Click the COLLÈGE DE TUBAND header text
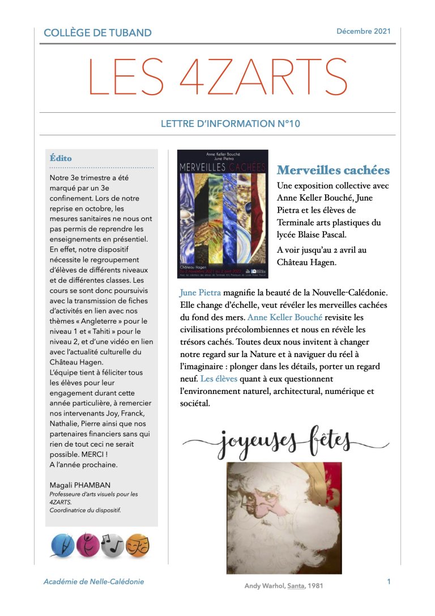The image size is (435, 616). click(97, 33)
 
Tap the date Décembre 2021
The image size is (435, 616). click(363, 31)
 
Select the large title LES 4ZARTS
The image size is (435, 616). click(217, 78)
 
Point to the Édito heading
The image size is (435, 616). click(61, 158)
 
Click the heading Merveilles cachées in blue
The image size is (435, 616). click(333, 170)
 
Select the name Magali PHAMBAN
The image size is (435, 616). click(80, 485)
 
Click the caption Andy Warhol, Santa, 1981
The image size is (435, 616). click(284, 586)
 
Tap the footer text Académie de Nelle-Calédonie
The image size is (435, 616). click(93, 581)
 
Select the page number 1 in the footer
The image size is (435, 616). click(389, 581)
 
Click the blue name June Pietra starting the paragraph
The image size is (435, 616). click(200, 292)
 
